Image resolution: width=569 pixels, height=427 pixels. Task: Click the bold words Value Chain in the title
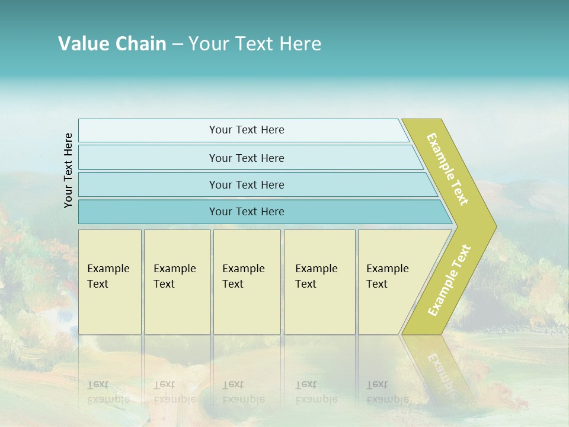(112, 44)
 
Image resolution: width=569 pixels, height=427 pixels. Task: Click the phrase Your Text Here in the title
(255, 44)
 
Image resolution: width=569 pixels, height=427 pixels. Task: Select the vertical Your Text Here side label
(68, 170)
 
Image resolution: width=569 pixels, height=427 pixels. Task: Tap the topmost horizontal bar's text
(247, 130)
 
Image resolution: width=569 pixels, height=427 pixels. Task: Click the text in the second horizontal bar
(247, 158)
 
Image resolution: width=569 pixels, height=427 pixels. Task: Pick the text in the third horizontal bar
(247, 185)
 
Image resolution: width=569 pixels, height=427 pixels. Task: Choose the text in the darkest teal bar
(247, 212)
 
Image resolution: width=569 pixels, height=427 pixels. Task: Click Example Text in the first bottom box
(108, 276)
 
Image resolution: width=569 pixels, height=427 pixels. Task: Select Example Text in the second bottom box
(174, 276)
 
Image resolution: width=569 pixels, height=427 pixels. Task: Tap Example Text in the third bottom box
(243, 276)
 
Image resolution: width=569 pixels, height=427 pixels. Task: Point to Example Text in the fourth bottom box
(316, 276)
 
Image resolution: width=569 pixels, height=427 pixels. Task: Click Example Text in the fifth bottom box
(387, 276)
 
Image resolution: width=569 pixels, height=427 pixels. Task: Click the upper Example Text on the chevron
(448, 169)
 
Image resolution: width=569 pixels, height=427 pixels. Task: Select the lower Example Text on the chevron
(449, 281)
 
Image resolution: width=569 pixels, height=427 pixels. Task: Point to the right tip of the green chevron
(495, 226)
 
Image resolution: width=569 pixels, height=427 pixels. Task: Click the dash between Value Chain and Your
(177, 44)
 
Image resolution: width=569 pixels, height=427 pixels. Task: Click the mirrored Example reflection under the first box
(108, 399)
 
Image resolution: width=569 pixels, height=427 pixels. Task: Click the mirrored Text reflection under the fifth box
(377, 384)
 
